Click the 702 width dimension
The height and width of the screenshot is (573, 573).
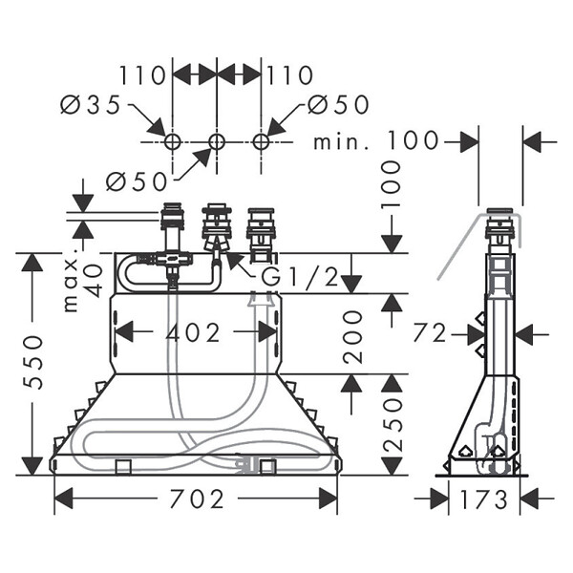pyautogui.click(x=197, y=499)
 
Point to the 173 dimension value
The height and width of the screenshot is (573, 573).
pyautogui.click(x=484, y=499)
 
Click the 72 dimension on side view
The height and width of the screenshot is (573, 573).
pyautogui.click(x=430, y=333)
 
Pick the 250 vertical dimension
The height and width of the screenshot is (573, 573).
pyautogui.click(x=393, y=425)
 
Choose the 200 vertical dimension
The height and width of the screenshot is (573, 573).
pyautogui.click(x=352, y=337)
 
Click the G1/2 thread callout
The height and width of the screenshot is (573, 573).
pyautogui.click(x=301, y=277)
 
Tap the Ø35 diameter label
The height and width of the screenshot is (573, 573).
pyautogui.click(x=91, y=104)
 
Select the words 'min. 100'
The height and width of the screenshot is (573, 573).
pyautogui.click(x=375, y=140)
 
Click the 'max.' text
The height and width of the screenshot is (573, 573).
pyautogui.click(x=72, y=280)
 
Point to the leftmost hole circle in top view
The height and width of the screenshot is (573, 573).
pyautogui.click(x=172, y=141)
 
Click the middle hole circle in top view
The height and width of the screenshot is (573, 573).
pyautogui.click(x=217, y=141)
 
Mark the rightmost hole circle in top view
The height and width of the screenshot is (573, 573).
pyautogui.click(x=262, y=141)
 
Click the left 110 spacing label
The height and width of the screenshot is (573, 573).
pyautogui.click(x=143, y=75)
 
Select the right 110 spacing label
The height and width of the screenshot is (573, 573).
pyautogui.click(x=290, y=75)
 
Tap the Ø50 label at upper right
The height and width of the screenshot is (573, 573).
pyautogui.click(x=338, y=104)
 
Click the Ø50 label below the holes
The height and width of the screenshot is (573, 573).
pyautogui.click(x=137, y=181)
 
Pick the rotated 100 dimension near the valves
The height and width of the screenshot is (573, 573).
pyautogui.click(x=392, y=184)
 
